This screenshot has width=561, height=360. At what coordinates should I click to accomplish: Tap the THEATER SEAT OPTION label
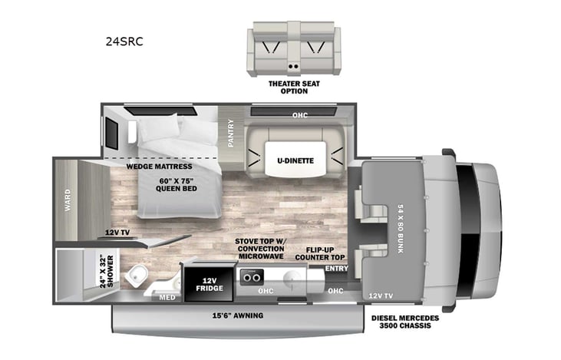click(289, 88)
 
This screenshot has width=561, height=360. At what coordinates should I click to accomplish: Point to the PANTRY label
click(231, 132)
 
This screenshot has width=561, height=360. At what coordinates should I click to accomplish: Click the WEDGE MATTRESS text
click(160, 166)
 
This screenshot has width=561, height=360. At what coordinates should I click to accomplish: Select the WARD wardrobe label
click(68, 200)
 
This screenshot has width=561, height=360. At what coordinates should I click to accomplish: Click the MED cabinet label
click(167, 299)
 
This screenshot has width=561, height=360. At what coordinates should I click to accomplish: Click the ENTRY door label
click(336, 269)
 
